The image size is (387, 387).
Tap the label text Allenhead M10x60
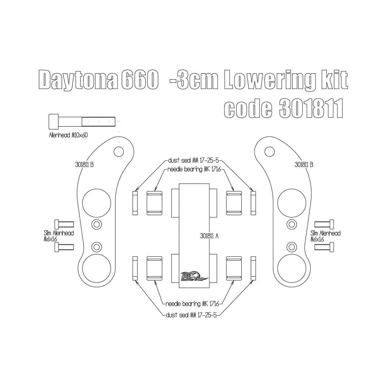[68, 135]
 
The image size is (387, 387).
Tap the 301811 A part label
[209, 236]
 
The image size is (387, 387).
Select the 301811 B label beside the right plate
[304, 164]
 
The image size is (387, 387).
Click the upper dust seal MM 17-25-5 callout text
[195, 160]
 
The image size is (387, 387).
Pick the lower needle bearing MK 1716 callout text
[192, 304]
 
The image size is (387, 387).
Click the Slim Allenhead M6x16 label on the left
[59, 236]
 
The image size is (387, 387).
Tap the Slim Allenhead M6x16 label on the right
[325, 236]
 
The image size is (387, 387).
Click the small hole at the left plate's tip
[119, 151]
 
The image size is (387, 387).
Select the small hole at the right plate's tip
[268, 151]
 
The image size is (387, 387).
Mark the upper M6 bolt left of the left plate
[64, 224]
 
